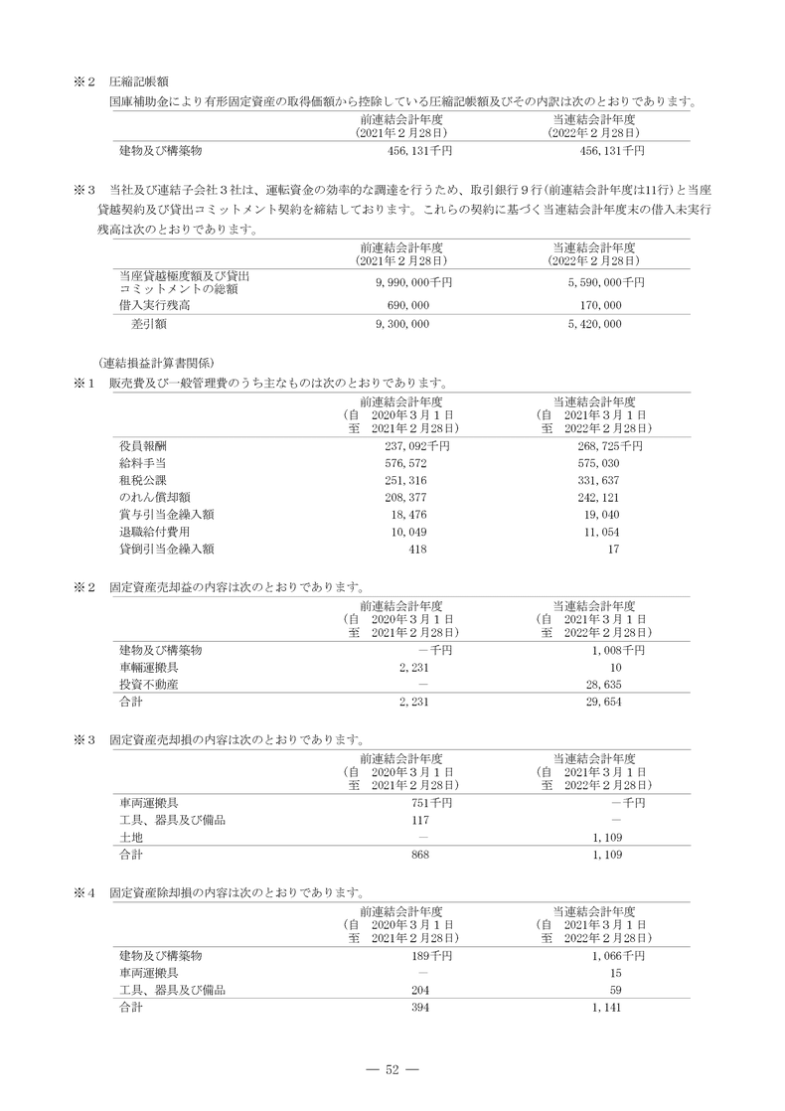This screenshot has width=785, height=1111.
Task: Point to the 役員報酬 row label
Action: click(143, 446)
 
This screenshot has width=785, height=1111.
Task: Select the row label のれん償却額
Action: click(150, 497)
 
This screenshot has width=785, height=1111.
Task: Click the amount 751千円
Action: click(431, 802)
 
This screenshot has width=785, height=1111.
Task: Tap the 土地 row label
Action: click(130, 837)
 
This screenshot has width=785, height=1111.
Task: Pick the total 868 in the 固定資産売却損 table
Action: click(418, 854)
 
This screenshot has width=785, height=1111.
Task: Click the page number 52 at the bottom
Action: click(392, 1069)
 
